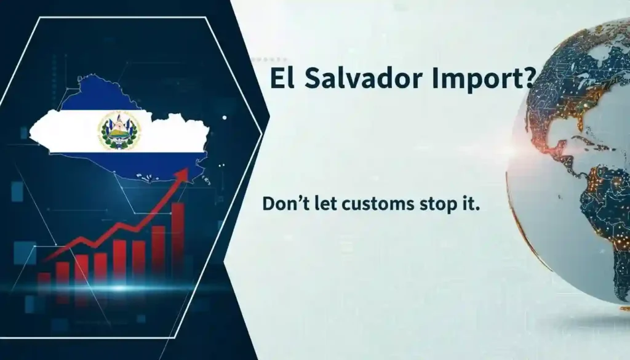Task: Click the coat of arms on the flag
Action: pos(119,130)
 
